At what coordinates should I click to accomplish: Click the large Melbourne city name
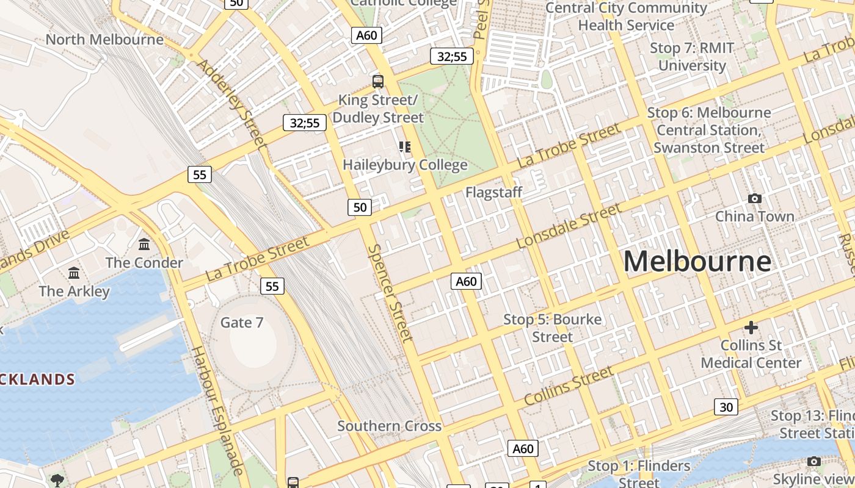tap(697, 262)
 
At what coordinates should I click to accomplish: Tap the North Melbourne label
tap(104, 40)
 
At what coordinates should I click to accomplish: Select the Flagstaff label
tap(493, 193)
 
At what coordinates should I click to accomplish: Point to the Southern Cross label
tap(389, 426)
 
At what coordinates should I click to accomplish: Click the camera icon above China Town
tap(755, 198)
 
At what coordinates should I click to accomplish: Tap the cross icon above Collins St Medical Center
tap(751, 328)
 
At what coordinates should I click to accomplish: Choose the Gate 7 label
tap(242, 322)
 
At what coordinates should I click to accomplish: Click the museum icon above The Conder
tap(144, 244)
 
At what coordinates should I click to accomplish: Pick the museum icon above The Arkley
tap(74, 272)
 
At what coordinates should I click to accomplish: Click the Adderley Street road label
tap(233, 104)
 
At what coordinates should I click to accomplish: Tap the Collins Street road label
tap(569, 386)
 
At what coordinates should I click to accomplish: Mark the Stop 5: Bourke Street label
tap(552, 328)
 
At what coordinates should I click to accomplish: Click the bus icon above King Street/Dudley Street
tap(378, 81)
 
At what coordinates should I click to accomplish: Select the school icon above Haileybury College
tap(405, 147)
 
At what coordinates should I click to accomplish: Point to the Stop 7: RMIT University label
tap(692, 56)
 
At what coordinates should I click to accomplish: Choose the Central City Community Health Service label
tap(626, 16)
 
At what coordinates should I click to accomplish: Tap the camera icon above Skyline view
tap(813, 461)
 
